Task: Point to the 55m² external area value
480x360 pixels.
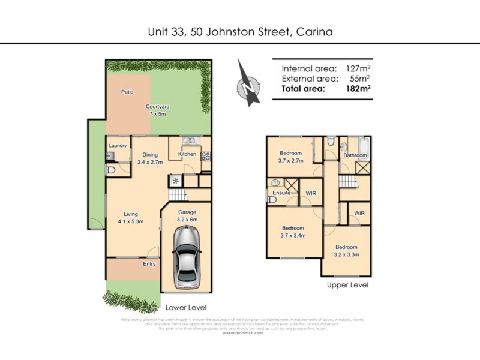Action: pos(359,78)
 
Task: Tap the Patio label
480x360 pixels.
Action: pos(127,92)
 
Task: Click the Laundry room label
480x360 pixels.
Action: pos(118,145)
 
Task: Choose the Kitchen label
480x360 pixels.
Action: pos(187,155)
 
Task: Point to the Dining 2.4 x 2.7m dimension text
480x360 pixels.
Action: pos(150,162)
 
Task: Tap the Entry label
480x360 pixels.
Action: pos(149,264)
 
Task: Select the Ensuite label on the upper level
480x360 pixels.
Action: pos(281,193)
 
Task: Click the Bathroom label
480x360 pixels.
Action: pos(355,155)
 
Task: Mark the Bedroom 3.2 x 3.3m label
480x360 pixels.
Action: pos(346,250)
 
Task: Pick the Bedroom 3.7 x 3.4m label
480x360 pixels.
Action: pos(293,232)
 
